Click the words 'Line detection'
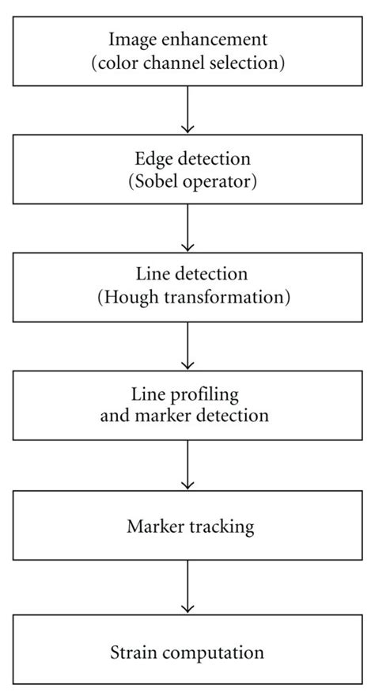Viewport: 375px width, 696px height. click(187, 275)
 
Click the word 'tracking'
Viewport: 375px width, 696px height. click(215, 523)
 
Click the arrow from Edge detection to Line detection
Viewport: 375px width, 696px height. click(187, 228)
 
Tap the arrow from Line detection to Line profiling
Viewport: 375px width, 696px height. click(187, 348)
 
